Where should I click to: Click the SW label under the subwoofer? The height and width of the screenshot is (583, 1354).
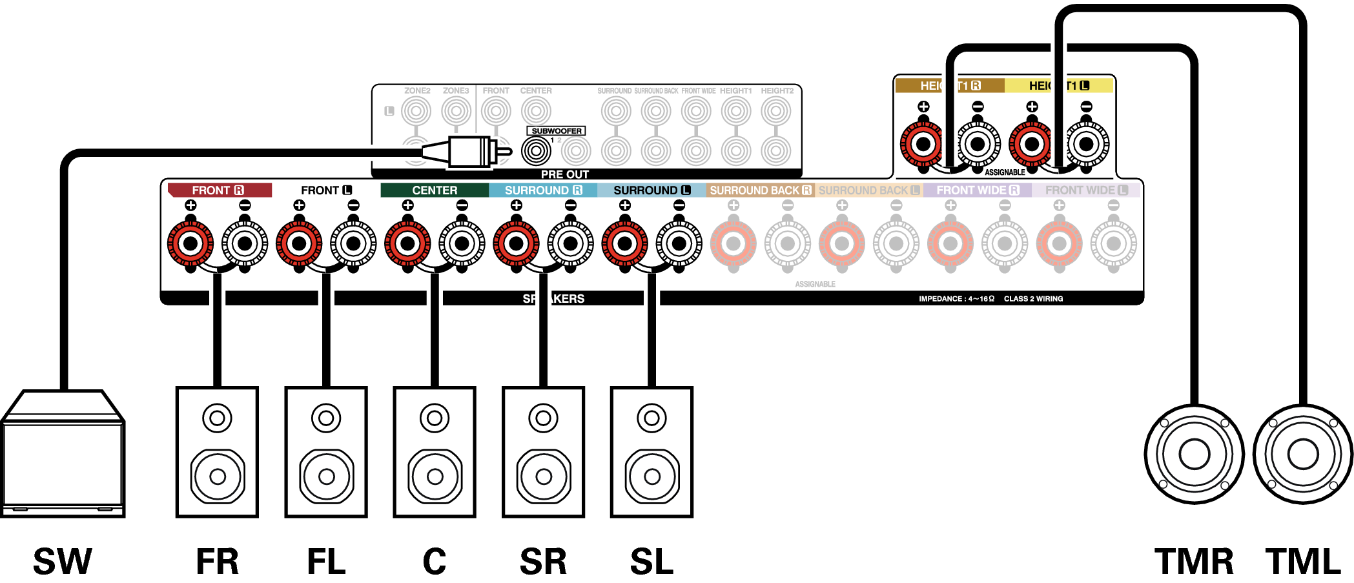[x=63, y=561]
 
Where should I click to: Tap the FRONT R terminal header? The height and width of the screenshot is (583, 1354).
[x=219, y=190]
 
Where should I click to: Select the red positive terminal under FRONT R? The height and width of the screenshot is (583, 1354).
[x=190, y=243]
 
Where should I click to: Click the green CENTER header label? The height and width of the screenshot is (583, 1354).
[x=435, y=190]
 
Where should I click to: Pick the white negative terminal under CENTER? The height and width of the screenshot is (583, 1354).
[x=462, y=243]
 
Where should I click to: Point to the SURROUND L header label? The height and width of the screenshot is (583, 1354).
[x=651, y=190]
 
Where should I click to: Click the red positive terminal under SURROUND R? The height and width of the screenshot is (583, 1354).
[x=516, y=243]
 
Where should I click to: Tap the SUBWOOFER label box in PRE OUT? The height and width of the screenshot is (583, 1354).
[x=556, y=131]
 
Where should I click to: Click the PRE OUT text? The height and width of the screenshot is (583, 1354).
[x=564, y=174]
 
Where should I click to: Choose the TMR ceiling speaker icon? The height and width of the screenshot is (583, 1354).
[x=1194, y=454]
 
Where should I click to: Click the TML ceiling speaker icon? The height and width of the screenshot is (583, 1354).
[x=1302, y=454]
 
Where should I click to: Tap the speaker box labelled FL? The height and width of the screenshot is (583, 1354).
[x=326, y=452]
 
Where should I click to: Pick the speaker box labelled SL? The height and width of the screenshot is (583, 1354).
[x=652, y=452]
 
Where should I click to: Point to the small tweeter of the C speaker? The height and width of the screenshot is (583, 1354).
[x=435, y=418]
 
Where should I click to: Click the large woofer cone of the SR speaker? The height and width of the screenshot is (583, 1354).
[x=544, y=476]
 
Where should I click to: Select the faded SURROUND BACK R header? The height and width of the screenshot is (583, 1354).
[x=760, y=190]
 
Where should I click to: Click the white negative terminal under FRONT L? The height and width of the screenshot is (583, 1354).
[x=353, y=243]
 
